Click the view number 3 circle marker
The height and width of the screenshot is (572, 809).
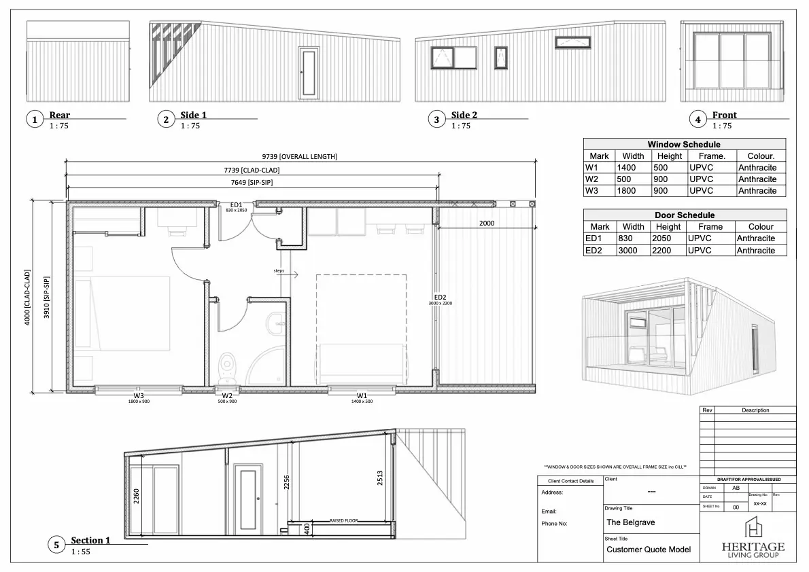436,120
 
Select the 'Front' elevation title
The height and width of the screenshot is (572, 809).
724,115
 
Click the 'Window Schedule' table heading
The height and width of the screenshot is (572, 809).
684,144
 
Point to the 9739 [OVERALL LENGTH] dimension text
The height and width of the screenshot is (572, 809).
299,156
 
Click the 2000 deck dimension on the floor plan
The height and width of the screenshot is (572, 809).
487,223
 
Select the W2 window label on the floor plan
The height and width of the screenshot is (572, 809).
227,395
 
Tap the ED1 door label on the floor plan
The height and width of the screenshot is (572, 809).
237,204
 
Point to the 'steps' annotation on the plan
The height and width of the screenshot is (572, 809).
279,270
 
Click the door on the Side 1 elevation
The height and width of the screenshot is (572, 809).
309,72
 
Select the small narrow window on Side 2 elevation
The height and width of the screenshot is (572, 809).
501,58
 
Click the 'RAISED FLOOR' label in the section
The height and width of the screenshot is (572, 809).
343,520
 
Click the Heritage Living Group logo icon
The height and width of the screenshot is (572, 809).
753,528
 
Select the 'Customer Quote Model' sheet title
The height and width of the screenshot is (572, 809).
649,550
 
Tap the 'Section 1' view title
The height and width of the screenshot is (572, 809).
90,541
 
